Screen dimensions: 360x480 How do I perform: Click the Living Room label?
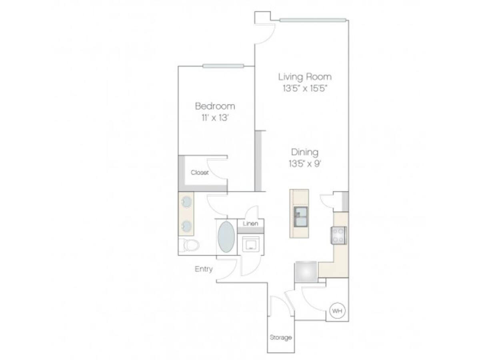click(305, 76)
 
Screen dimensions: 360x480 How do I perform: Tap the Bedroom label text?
click(215, 106)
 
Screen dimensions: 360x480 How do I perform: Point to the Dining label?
click(305, 152)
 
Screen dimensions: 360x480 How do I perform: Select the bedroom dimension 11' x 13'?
click(215, 118)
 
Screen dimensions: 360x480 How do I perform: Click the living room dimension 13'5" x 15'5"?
click(305, 89)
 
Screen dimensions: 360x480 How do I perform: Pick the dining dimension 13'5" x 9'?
click(305, 164)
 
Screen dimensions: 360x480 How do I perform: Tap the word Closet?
click(200, 173)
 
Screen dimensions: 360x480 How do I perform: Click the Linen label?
click(251, 224)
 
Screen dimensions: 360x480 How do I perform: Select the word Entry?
click(204, 269)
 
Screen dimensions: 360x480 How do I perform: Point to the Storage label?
click(280, 338)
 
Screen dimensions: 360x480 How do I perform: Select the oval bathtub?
click(226, 237)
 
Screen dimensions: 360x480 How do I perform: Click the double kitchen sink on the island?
click(300, 216)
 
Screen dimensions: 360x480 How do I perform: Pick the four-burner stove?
click(338, 235)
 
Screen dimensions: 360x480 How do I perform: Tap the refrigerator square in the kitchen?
click(306, 272)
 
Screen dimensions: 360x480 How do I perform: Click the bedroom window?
click(223, 66)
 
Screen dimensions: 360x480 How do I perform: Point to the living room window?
click(313, 20)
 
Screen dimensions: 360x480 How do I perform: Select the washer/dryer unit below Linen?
click(251, 244)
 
